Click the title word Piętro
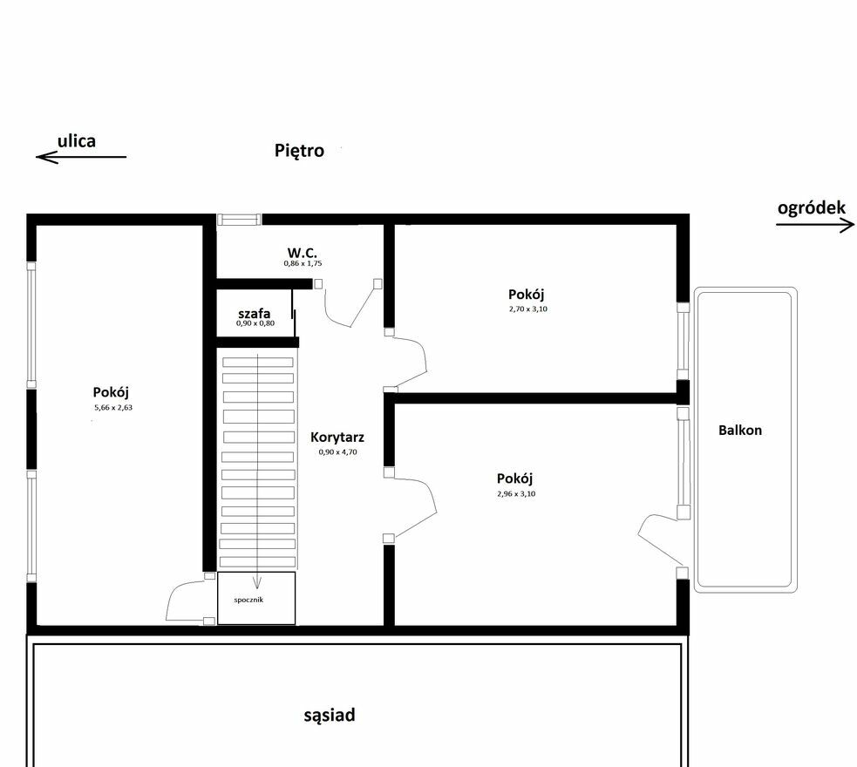coord(299,150)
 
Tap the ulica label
coord(77,141)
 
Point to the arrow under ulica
coord(81,158)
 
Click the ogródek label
coord(811,208)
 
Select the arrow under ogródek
coord(815,225)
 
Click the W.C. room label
coord(303,253)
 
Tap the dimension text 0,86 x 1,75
coord(303,263)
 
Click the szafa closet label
coord(255,314)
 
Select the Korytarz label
coord(337,437)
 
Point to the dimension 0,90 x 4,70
coord(337,452)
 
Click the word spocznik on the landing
coord(248,600)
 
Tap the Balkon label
coord(740,431)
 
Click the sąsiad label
coord(330,715)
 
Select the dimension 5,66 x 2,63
coord(113,408)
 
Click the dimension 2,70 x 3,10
coord(528,309)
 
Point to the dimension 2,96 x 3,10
coord(516,494)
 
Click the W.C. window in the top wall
coord(240,220)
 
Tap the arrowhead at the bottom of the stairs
coord(256,583)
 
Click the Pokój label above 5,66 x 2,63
coord(111,393)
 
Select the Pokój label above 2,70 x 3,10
coord(527,295)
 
